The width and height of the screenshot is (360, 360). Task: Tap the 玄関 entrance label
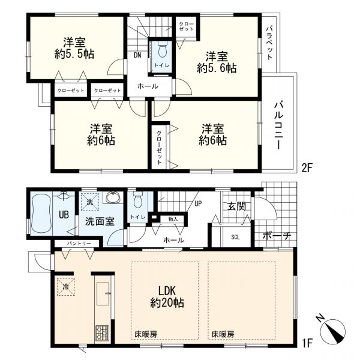[235, 207]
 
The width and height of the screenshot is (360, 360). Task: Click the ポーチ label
[277, 236]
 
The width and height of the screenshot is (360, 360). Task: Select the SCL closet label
[235, 236]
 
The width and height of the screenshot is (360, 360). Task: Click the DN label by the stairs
[137, 55]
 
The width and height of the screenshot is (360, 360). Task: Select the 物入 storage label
[173, 220]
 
